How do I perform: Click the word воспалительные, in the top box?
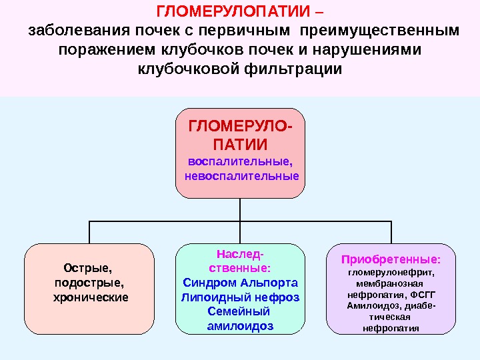240,161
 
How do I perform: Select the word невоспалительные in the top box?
241,177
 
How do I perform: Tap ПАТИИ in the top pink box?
240,145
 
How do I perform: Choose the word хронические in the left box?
91,296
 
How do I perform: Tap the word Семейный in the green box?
239,311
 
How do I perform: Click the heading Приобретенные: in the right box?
391,259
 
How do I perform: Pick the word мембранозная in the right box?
390,283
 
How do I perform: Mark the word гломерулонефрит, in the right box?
391,271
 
